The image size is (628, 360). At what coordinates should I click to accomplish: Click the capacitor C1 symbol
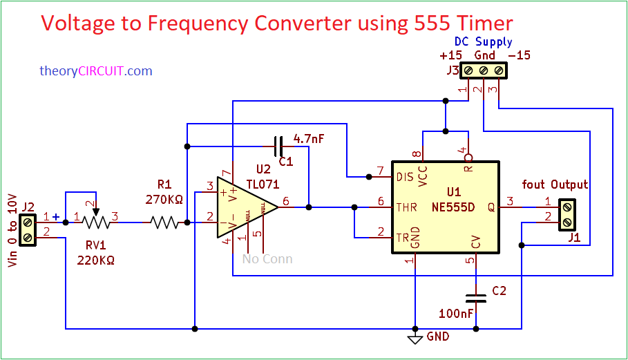point(278,146)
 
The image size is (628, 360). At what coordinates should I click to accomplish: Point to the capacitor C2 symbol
point(476,299)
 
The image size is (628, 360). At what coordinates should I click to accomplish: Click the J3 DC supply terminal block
point(484,70)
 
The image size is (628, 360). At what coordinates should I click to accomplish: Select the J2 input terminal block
point(27,229)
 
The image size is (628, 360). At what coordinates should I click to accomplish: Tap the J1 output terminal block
point(567,214)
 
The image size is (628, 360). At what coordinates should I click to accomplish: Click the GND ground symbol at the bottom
point(415,339)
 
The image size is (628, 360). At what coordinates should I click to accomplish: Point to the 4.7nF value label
point(308,138)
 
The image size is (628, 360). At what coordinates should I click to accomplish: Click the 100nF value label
point(456,314)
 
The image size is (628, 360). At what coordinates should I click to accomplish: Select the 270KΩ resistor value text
point(164,200)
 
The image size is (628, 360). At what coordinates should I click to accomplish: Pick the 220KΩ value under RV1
point(95,260)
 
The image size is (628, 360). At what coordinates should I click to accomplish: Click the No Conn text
point(267,259)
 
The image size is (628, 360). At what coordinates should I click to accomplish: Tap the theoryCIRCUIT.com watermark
point(95,70)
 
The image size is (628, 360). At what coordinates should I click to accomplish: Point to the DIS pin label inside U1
point(405,177)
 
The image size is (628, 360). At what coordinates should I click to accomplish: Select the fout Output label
point(555,184)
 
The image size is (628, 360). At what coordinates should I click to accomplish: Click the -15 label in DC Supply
point(519,55)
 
